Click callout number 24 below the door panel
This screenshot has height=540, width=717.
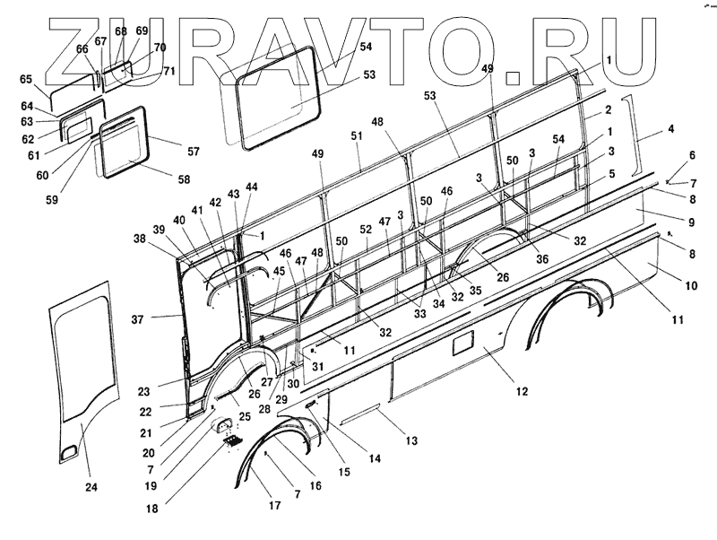(91, 487)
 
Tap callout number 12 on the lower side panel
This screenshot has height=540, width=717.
(522, 391)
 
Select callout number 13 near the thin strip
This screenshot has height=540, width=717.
(412, 440)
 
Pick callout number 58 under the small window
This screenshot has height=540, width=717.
(184, 179)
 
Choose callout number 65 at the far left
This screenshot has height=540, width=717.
(26, 79)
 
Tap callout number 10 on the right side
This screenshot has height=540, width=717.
(690, 285)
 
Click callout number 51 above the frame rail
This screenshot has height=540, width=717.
(358, 135)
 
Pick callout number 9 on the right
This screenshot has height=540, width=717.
(690, 220)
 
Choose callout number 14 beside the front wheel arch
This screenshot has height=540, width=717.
(375, 458)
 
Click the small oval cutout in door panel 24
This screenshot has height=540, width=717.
(68, 453)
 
